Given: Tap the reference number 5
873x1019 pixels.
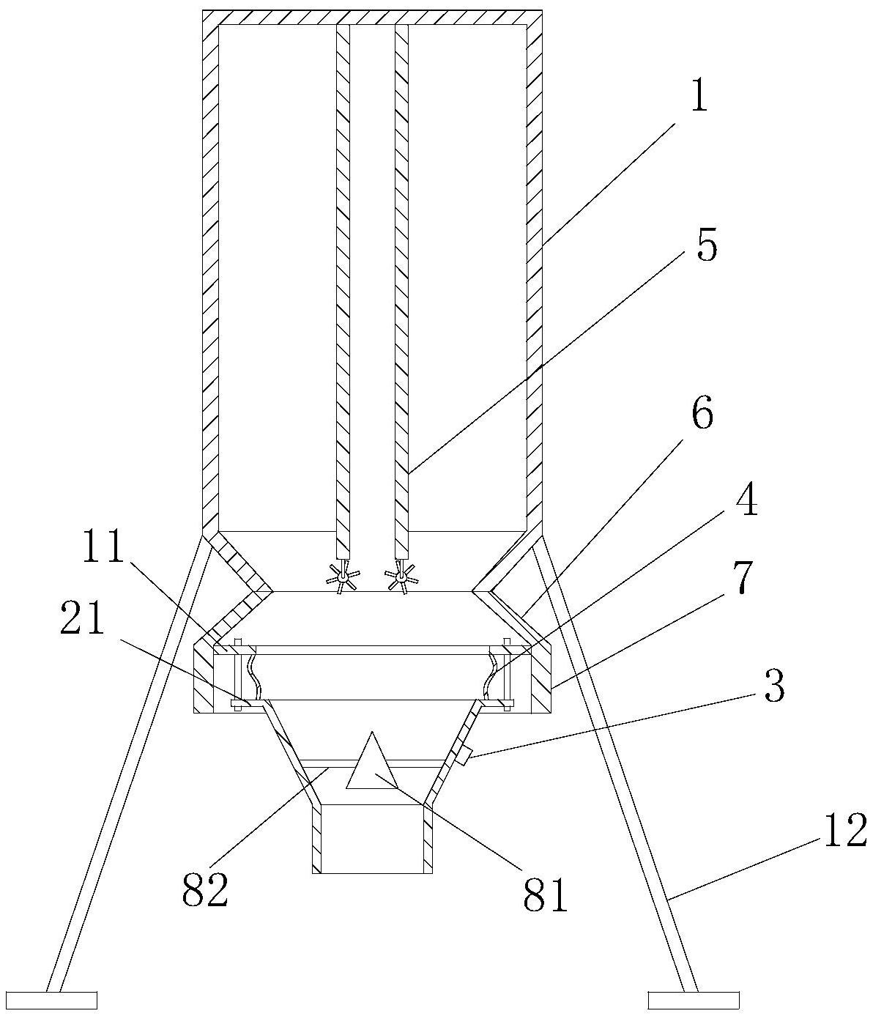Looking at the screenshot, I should point(705,246).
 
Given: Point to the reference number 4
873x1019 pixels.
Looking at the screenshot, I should point(746,503).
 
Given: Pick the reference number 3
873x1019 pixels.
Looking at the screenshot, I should point(773,687).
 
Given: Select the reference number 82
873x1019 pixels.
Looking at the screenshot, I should point(205,889).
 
